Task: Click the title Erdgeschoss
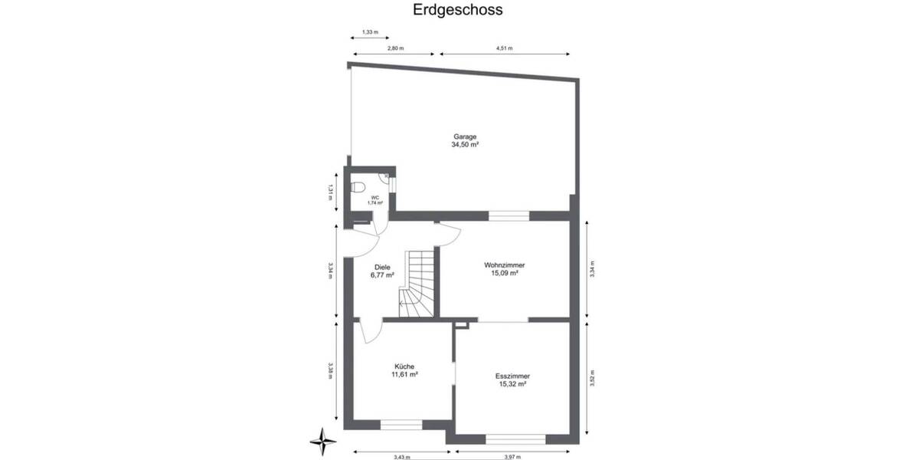(459, 10)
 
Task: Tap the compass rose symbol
(324, 440)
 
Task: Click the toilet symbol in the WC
(357, 187)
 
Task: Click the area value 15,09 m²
(505, 273)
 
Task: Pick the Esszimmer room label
(512, 376)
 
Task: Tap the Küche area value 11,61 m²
(404, 375)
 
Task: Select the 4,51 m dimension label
(504, 48)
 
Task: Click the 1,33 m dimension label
(369, 31)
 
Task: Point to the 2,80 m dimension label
(395, 48)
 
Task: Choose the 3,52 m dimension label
(592, 379)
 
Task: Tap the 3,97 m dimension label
(512, 457)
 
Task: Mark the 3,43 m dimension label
(402, 457)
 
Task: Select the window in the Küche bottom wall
(402, 424)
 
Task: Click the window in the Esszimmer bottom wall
(515, 439)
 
